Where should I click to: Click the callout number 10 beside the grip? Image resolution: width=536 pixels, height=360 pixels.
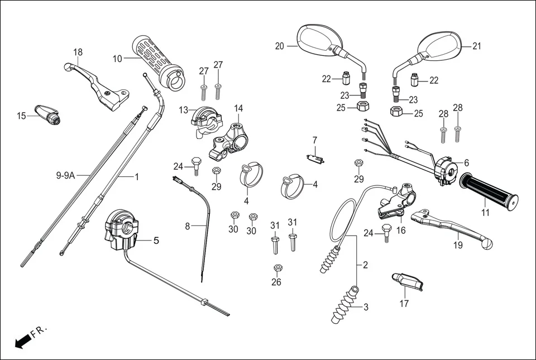[x=117, y=58]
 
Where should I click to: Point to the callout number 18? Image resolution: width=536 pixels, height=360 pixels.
[x=78, y=52]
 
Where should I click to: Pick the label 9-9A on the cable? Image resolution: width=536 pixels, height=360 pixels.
[x=65, y=175]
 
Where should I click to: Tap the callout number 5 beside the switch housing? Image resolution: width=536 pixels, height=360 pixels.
[x=156, y=241]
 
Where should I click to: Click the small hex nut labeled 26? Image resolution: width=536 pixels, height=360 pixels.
[x=276, y=268]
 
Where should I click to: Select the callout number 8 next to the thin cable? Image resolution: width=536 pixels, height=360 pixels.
[x=188, y=226]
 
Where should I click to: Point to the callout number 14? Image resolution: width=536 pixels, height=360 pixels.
[x=238, y=108]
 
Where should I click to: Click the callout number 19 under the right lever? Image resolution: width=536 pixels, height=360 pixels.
[x=457, y=244]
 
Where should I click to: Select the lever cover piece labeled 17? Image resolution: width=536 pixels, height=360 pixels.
[x=408, y=281]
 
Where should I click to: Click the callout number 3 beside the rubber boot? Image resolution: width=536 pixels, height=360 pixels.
[x=366, y=307]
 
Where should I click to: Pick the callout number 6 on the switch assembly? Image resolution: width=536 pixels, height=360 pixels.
[x=466, y=162]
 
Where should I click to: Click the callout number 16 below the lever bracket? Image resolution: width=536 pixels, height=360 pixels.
[x=400, y=230]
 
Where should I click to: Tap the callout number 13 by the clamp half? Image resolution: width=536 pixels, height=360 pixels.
[x=184, y=110]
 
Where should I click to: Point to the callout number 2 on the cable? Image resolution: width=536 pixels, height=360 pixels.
[x=365, y=265]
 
